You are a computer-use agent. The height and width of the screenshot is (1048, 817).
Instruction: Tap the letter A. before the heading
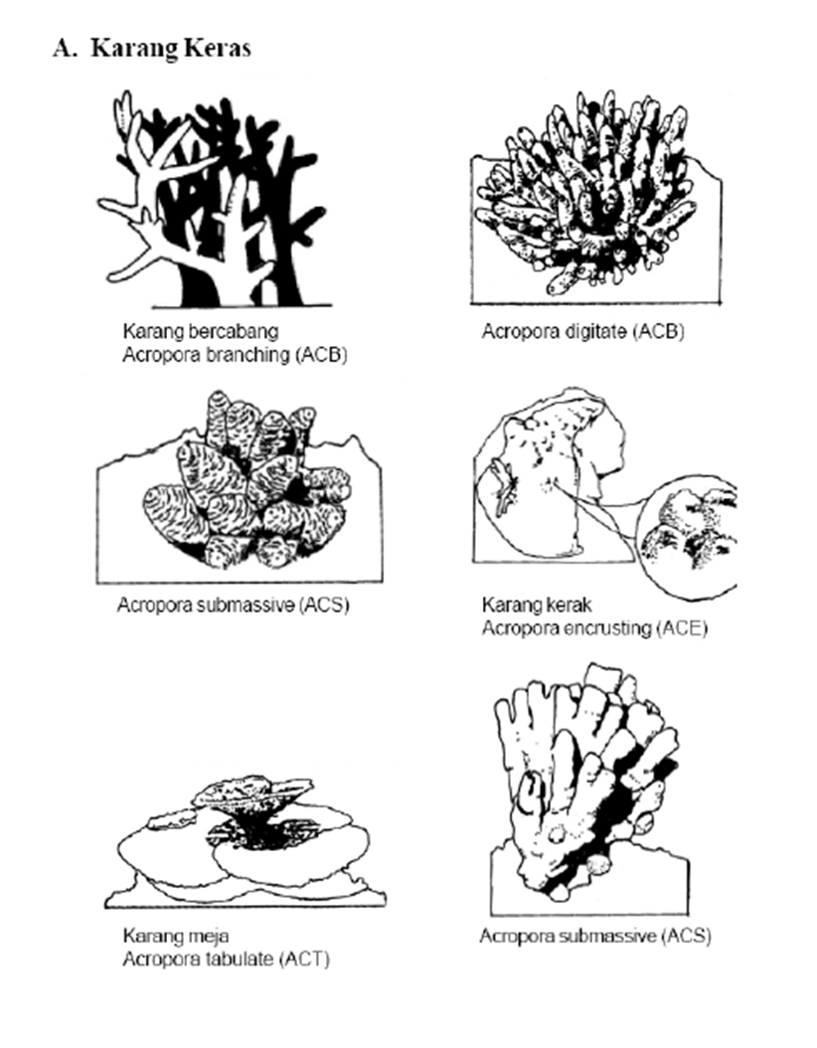[65, 48]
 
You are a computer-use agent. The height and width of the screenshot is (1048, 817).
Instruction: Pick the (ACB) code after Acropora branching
[321, 355]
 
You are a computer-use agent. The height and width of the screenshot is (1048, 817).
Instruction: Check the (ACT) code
[305, 960]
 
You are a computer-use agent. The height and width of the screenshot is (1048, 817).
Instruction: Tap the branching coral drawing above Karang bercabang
[214, 201]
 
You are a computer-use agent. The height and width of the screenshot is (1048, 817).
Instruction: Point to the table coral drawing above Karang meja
[245, 843]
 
